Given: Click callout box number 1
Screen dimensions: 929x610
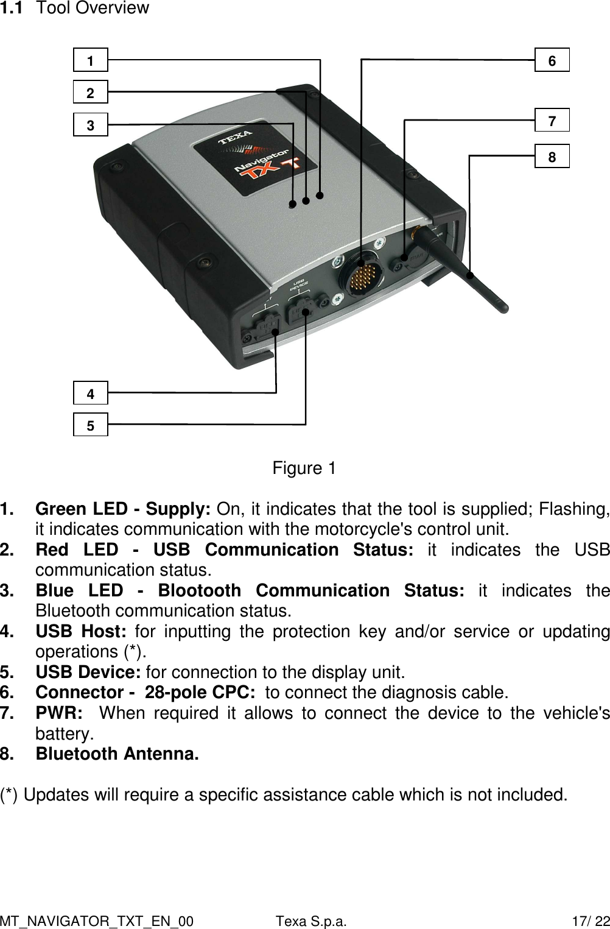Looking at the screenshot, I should coord(91,60).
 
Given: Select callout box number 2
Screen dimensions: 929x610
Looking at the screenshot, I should coord(91,93).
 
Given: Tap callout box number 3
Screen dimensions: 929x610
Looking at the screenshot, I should coord(91,125).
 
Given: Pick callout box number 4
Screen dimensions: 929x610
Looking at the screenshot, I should coord(91,393).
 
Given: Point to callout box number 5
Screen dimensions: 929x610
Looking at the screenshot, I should coord(91,425).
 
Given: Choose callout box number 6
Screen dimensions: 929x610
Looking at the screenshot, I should coord(552,60).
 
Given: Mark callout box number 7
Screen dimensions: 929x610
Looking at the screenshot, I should coord(552,120).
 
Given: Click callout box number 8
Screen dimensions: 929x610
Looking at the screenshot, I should coord(552,156).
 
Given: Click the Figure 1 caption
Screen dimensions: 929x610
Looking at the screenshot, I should coord(304,468).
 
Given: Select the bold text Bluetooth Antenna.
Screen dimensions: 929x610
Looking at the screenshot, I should coord(117,754).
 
